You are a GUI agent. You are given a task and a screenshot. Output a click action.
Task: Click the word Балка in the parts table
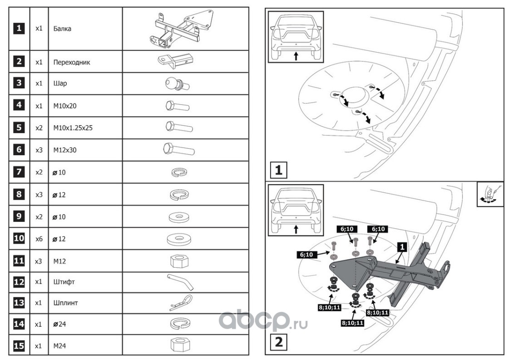(x=62, y=29)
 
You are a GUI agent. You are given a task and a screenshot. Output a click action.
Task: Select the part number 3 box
(x=19, y=84)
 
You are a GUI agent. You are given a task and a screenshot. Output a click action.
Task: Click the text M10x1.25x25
(x=73, y=128)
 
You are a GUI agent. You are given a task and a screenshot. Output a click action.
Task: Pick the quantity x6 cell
(x=39, y=239)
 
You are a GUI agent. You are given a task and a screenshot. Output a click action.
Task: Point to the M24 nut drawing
(x=178, y=345)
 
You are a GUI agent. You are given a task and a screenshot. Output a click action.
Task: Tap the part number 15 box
(x=19, y=346)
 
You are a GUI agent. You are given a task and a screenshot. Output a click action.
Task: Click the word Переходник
(x=71, y=62)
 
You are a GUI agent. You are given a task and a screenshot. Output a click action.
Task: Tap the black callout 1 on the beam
(x=401, y=247)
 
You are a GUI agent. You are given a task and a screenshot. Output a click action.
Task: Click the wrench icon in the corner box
(x=489, y=195)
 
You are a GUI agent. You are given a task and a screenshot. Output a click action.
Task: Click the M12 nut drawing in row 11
(x=178, y=261)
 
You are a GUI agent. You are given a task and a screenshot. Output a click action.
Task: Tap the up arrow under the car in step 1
(x=296, y=56)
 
